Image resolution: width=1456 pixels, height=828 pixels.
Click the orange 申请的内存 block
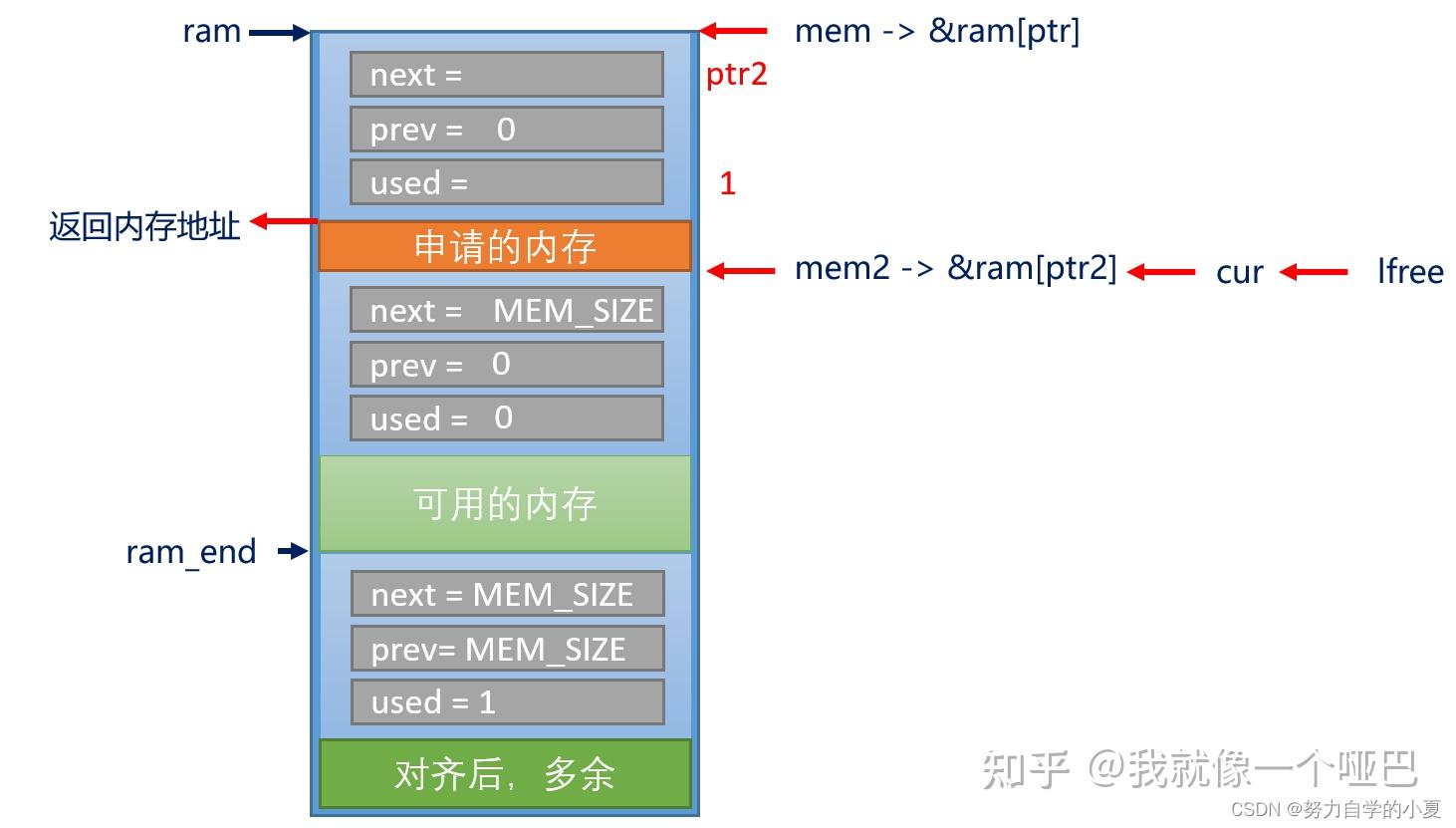click(504, 246)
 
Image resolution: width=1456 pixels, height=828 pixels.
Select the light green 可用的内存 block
click(504, 503)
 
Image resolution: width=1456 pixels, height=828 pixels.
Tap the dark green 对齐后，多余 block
click(504, 773)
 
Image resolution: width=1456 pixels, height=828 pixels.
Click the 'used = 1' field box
click(508, 701)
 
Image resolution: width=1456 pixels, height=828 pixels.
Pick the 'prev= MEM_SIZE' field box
click(508, 648)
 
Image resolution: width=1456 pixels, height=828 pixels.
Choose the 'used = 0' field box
click(507, 417)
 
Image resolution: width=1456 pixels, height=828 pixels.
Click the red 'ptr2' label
click(736, 75)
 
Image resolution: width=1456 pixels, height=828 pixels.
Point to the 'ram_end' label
click(191, 552)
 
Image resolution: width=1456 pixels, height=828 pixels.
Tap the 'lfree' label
click(1410, 271)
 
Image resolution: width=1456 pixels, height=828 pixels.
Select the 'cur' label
click(1240, 273)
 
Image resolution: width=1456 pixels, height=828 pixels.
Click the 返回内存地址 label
click(144, 226)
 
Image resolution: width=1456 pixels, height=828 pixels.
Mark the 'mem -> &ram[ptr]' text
click(937, 31)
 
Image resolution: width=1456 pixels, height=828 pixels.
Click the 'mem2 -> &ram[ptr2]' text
click(955, 268)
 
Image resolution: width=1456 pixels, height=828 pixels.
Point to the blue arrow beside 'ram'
click(280, 33)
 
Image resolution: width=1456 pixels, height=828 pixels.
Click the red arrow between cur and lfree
click(1313, 272)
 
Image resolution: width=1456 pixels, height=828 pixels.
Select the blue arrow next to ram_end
click(293, 552)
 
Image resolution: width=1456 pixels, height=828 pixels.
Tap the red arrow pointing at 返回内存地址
click(284, 221)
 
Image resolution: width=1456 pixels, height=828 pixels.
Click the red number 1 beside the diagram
click(727, 183)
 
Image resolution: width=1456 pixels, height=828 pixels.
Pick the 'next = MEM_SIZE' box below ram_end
click(508, 593)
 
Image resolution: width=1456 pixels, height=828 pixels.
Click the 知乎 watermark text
click(1025, 769)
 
